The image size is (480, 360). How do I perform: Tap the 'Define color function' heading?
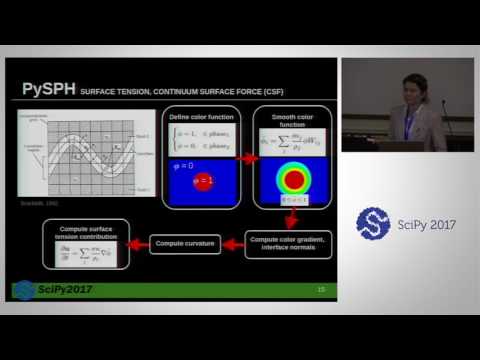pyautogui.click(x=202, y=118)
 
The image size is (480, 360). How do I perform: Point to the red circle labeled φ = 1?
pyautogui.click(x=203, y=181)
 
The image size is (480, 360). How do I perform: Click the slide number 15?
pyautogui.click(x=321, y=290)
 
